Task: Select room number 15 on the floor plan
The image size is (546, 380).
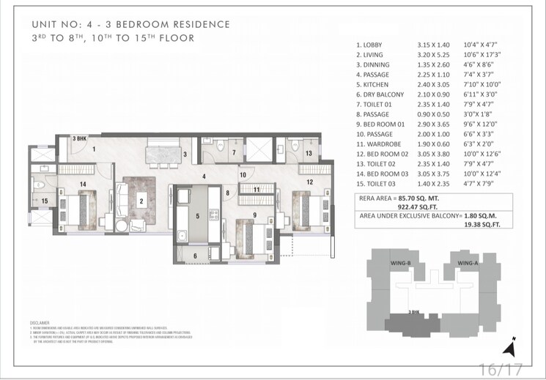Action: [x=44, y=201]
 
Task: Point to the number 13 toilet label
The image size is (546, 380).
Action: [x=309, y=153]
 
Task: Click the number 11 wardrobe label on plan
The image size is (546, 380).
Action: [x=257, y=189]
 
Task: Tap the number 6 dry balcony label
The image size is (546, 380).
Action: [x=195, y=255]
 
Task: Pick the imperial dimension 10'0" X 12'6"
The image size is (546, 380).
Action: [x=482, y=154]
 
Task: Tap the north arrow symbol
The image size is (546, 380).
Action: [x=515, y=343]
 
